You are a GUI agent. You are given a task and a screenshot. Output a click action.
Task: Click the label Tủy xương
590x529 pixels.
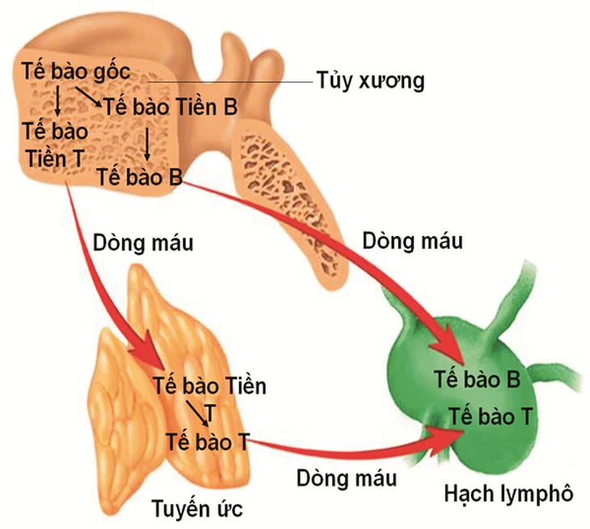pyautogui.click(x=371, y=80)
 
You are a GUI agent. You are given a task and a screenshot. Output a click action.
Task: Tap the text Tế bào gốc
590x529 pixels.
pyautogui.click(x=76, y=71)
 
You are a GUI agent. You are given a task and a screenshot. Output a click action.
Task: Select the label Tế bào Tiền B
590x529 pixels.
pyautogui.click(x=171, y=107)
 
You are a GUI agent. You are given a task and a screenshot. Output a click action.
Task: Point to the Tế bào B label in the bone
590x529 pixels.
pyautogui.click(x=140, y=177)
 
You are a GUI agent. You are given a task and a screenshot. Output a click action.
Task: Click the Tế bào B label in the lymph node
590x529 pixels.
pyautogui.click(x=478, y=379)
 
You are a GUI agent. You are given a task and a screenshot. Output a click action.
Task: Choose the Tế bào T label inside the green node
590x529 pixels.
pyautogui.click(x=491, y=417)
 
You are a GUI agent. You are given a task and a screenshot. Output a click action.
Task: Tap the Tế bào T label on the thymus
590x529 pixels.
pyautogui.click(x=208, y=442)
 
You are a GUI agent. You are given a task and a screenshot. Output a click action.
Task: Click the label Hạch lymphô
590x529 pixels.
pyautogui.click(x=508, y=493)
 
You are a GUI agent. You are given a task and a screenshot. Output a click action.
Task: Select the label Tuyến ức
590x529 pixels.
pyautogui.click(x=197, y=508)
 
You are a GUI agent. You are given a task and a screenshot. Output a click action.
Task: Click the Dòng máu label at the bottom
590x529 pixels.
pyautogui.click(x=347, y=478)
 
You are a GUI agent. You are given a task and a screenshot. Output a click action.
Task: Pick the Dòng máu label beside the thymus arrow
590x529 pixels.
pyautogui.click(x=143, y=243)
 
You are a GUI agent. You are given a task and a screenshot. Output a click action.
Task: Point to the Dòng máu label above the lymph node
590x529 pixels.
pyautogui.click(x=412, y=241)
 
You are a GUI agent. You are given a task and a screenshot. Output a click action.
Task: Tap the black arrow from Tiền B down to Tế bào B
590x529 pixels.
pyautogui.click(x=147, y=145)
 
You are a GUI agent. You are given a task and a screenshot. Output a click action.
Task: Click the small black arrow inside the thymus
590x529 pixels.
pyautogui.click(x=197, y=414)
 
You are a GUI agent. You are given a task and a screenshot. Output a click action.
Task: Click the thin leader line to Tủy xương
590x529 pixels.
pyautogui.click(x=230, y=82)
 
